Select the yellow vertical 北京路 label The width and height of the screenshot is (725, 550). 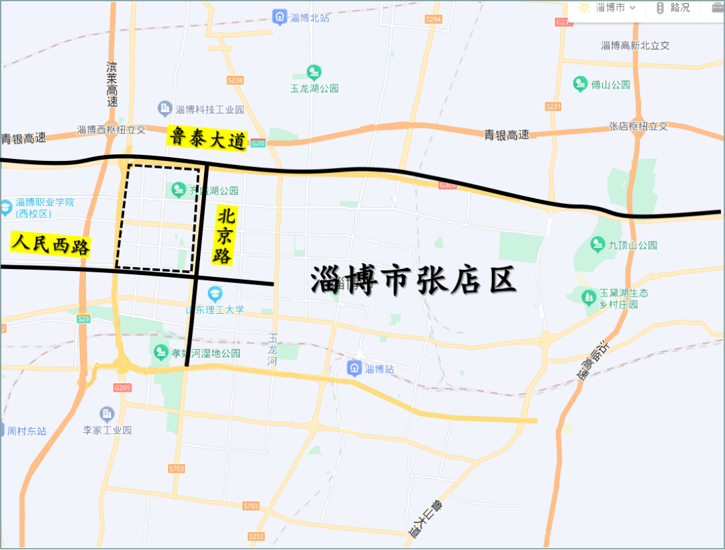click(x=225, y=235)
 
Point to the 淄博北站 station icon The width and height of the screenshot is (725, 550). click(x=280, y=17)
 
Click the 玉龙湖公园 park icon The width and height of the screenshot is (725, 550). click(x=313, y=72)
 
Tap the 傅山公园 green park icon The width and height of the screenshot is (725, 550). click(x=581, y=85)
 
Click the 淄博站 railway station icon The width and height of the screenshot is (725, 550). click(x=354, y=368)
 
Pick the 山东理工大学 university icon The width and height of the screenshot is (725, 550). click(x=215, y=294)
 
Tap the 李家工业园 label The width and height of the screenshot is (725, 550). click(x=107, y=430)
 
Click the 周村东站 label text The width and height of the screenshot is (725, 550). click(x=27, y=431)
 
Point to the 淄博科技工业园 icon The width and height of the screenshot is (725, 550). click(x=164, y=108)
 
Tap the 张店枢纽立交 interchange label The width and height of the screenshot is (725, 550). click(x=638, y=126)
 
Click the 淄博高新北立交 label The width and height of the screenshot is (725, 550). click(x=635, y=46)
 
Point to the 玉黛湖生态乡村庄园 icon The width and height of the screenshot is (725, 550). click(x=589, y=295)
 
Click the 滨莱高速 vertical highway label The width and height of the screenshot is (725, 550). click(x=112, y=85)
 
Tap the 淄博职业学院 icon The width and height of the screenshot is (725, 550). click(x=6, y=208)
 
